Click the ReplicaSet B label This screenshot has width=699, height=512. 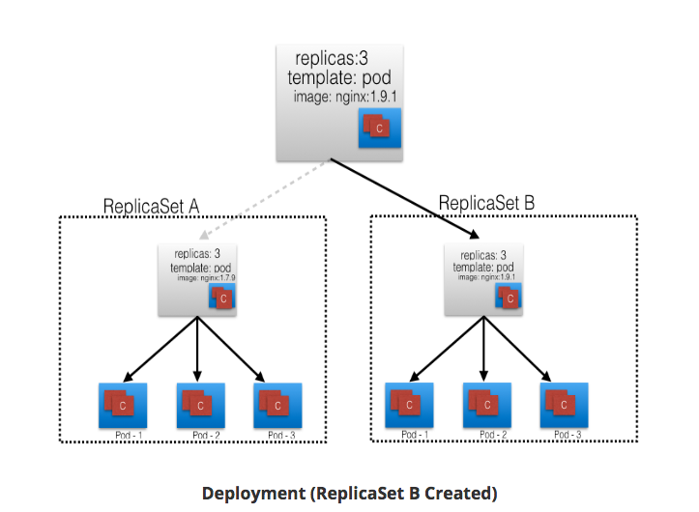point(486,203)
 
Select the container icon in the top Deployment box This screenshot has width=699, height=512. point(379,128)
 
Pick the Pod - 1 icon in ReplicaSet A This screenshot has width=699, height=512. point(122,403)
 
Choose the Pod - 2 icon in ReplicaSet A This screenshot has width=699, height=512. point(200,403)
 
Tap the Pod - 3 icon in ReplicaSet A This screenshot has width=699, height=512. point(277,403)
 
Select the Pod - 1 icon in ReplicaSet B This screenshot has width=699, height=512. point(409,403)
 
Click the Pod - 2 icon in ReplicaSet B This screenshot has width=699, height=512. point(486,403)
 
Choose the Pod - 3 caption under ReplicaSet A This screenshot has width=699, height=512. point(277,436)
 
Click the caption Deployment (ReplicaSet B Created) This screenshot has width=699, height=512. point(349,493)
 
